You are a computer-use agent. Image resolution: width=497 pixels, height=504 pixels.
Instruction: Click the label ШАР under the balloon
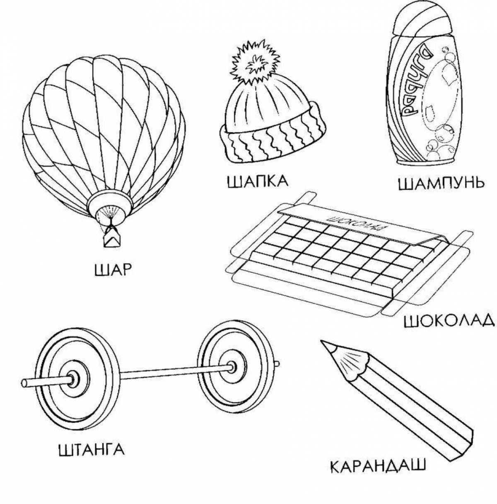113,270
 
